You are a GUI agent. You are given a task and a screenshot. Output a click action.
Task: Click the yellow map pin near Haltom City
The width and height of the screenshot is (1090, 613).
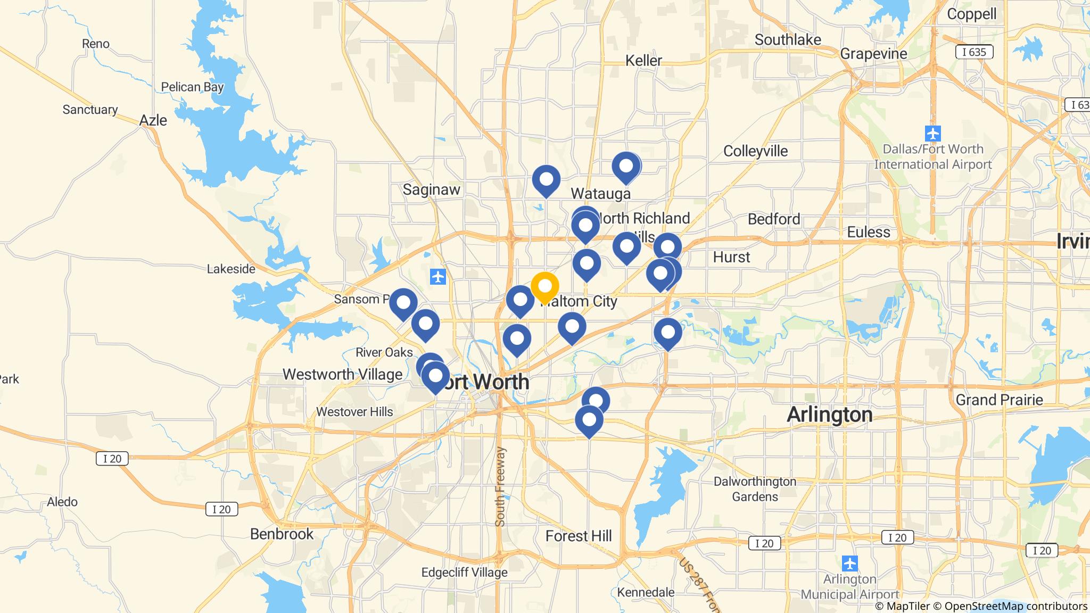[544, 286]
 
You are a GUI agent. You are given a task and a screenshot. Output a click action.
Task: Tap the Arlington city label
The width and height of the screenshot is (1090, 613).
[829, 414]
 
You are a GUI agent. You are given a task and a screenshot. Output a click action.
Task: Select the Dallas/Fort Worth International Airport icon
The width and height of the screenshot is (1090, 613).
[932, 133]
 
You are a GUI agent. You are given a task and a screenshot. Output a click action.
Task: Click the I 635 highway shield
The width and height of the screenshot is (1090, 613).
[974, 52]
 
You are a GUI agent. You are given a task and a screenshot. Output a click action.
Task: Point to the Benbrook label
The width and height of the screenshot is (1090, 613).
[282, 534]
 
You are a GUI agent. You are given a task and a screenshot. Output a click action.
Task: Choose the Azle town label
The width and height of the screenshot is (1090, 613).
[153, 120]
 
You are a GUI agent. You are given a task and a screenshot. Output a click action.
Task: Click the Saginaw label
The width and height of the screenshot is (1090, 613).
[431, 189]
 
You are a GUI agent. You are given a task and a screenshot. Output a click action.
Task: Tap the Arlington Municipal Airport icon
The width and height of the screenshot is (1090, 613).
[850, 563]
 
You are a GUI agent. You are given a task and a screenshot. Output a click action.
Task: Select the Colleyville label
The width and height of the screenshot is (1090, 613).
[755, 151]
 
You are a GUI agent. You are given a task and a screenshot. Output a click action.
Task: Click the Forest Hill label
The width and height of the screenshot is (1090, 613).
[579, 536]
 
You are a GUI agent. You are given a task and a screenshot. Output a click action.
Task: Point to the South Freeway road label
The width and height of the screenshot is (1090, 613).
[500, 487]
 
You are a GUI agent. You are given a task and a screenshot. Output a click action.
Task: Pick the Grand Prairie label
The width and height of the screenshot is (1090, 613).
[999, 400]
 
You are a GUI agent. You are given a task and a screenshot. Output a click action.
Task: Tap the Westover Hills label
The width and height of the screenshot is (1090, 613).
[354, 411]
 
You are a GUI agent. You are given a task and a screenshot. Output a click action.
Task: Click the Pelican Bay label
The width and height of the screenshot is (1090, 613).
[192, 87]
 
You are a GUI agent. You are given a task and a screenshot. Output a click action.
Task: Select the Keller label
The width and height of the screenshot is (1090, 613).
[643, 61]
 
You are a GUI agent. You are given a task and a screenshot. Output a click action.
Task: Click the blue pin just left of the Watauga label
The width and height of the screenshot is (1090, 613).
[546, 179]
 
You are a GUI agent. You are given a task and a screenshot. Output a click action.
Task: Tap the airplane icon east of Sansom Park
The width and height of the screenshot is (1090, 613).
[437, 277]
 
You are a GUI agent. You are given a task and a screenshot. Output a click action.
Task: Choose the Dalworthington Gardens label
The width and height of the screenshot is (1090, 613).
[755, 488]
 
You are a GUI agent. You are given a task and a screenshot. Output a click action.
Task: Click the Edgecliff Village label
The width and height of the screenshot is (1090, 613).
[464, 573]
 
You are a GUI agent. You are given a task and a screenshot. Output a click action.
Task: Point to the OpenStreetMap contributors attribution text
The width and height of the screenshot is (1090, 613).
[1015, 606]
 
